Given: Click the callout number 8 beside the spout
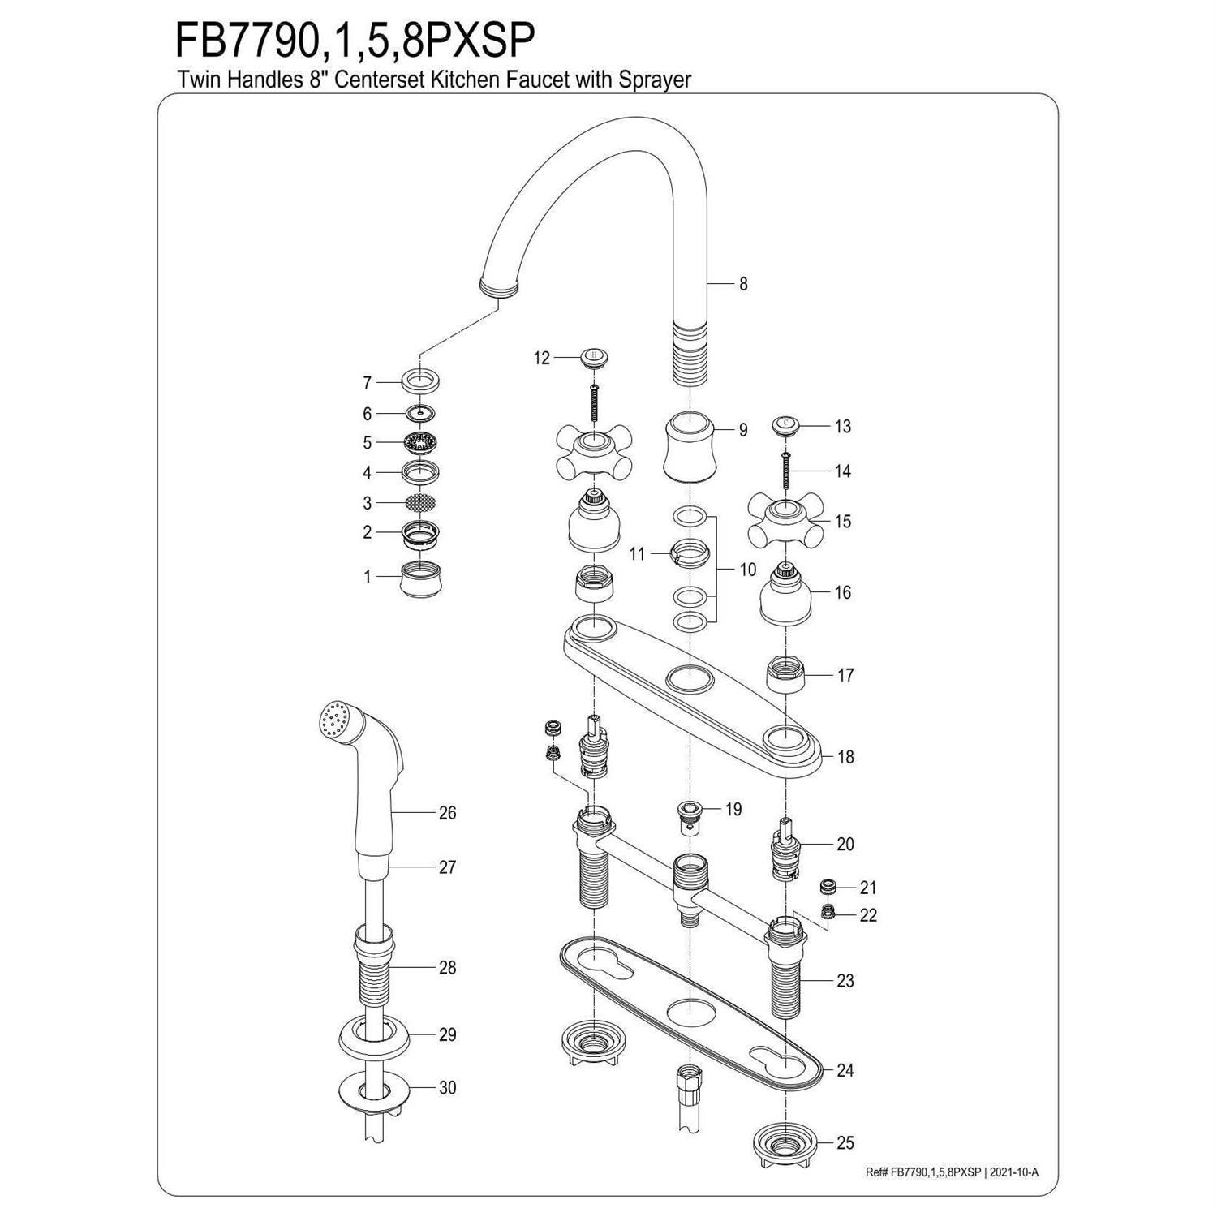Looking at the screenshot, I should tap(743, 284).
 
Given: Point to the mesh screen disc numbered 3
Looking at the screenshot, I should tap(420, 503).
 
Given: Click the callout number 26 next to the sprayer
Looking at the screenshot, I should tap(447, 813).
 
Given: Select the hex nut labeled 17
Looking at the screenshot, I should tap(784, 675).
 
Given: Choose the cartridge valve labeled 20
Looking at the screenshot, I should tap(784, 848).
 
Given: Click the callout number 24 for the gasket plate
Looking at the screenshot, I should tap(845, 1071).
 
